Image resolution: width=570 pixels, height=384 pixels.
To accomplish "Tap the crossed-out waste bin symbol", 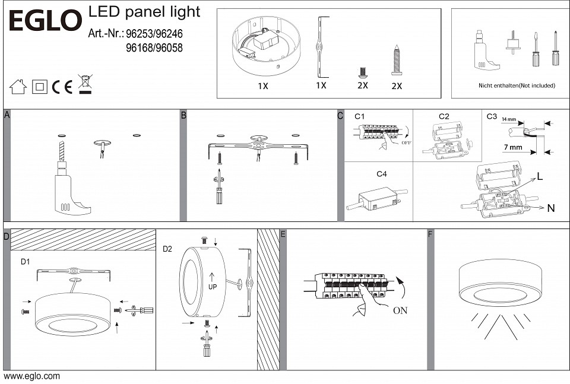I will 85,85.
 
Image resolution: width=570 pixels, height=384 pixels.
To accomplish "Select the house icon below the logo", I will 18,87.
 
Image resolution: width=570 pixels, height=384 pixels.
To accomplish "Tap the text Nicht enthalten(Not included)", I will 517,85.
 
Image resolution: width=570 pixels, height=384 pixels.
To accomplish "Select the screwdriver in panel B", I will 219,189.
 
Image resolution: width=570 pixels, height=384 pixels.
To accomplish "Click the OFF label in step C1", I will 407,142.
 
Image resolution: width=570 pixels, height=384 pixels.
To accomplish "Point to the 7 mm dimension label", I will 511,147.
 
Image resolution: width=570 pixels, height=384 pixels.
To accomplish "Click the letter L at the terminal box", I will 540,176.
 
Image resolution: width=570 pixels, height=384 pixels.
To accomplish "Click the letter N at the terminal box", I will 550,208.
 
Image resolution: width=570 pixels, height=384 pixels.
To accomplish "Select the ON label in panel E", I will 400,310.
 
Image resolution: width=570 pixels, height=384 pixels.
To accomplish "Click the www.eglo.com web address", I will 31,376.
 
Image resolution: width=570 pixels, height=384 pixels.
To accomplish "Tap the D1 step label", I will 26,261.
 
